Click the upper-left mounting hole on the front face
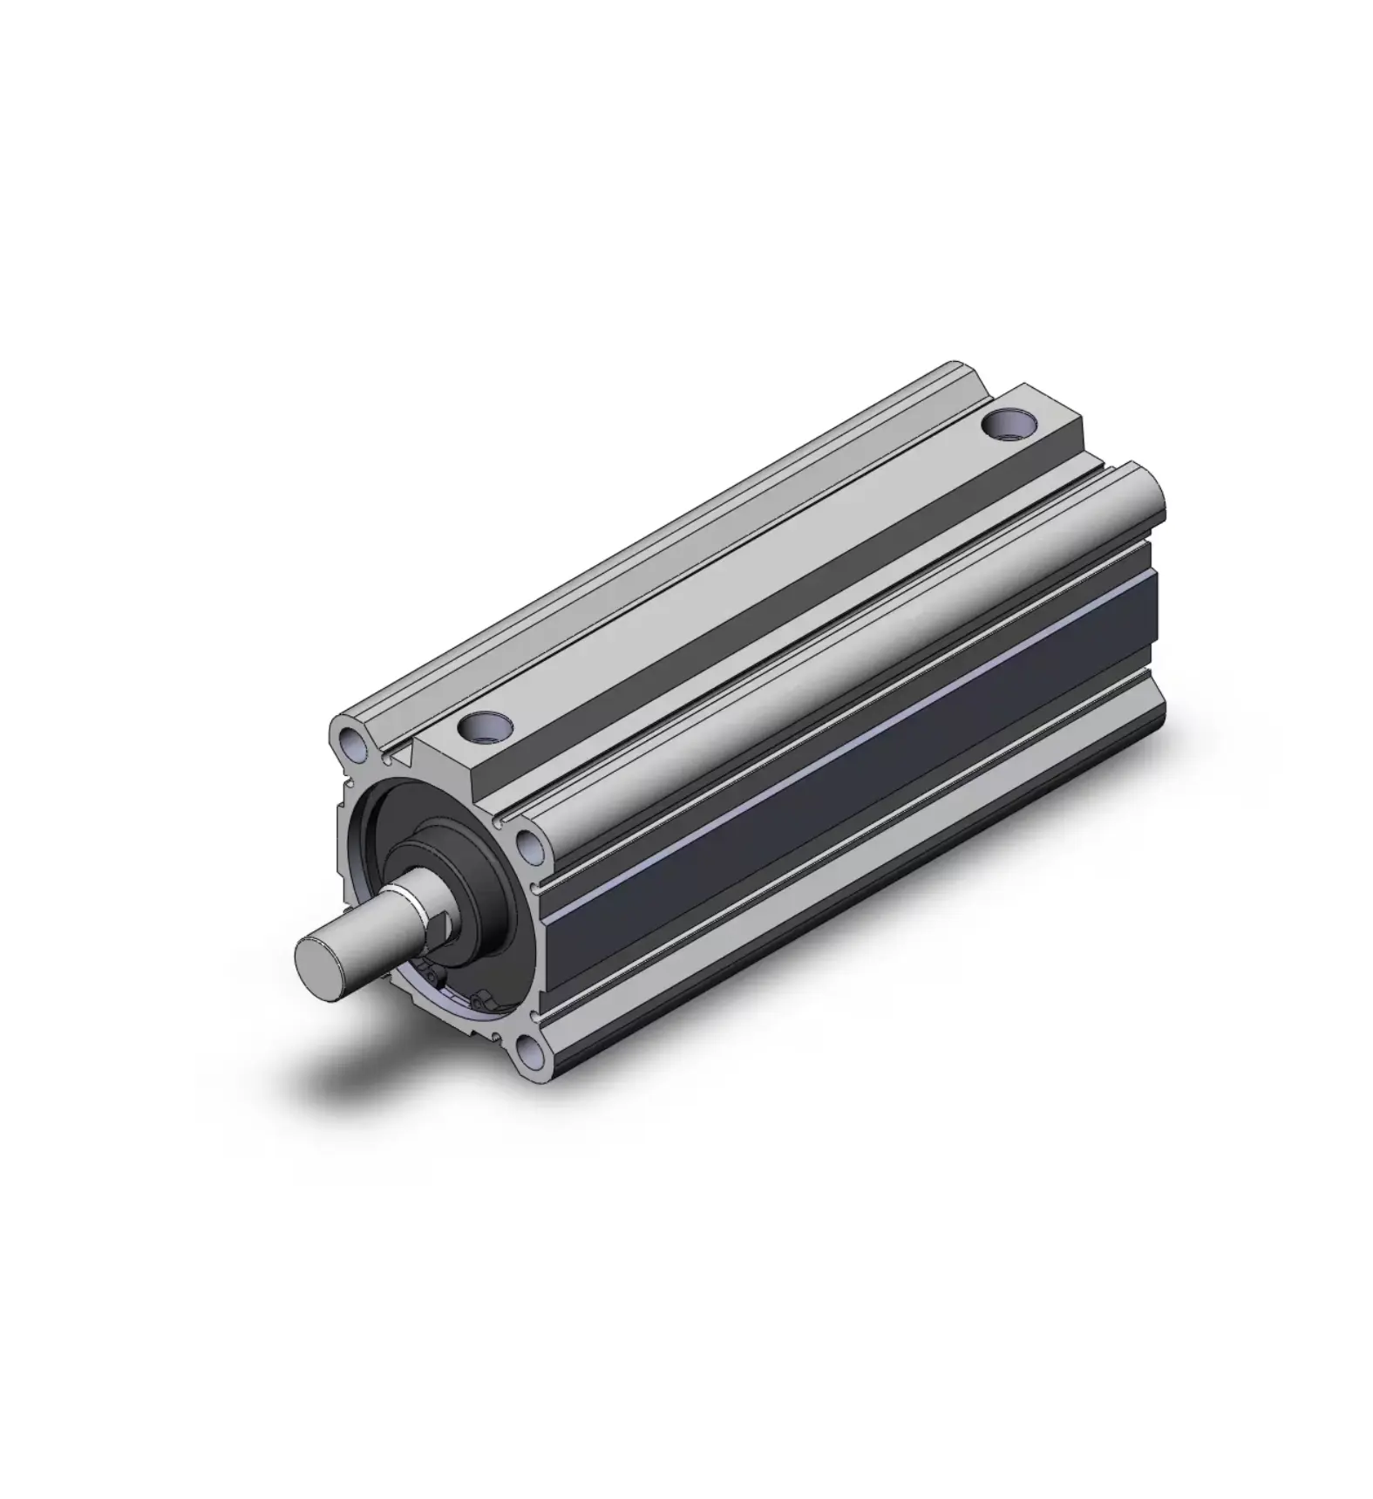[353, 743]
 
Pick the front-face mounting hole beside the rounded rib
[529, 843]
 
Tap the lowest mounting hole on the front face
[528, 1053]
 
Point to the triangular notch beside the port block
[403, 757]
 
